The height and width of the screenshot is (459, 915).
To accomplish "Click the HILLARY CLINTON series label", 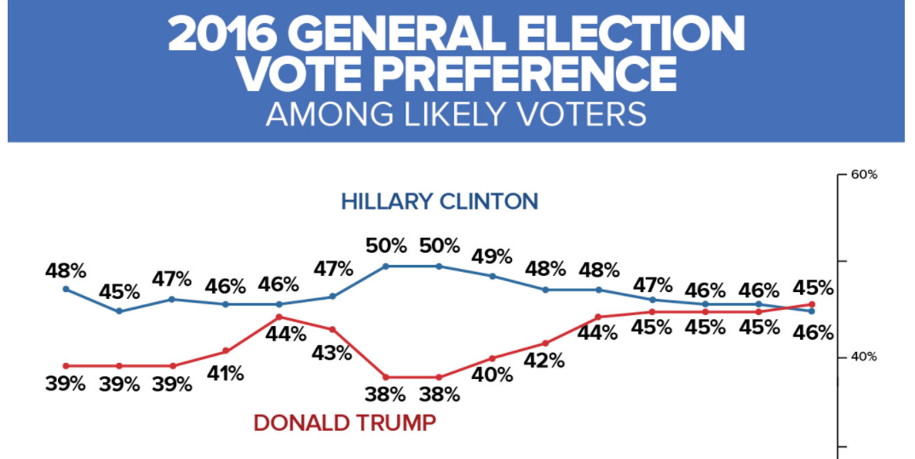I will click(x=440, y=202).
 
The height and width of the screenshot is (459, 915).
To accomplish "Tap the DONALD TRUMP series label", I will click(x=345, y=422).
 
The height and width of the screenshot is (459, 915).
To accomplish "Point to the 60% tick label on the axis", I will click(x=864, y=175).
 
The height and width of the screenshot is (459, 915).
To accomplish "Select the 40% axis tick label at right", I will click(x=864, y=358).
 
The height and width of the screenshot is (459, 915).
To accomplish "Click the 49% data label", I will click(x=492, y=256).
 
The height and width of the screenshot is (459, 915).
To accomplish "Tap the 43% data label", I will click(x=332, y=352).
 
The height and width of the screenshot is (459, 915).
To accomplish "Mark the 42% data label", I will click(x=545, y=360).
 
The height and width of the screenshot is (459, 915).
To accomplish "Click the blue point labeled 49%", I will click(x=492, y=276).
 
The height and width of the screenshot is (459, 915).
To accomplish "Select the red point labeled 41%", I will click(x=226, y=350).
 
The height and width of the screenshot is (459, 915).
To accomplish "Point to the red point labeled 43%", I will click(x=332, y=329).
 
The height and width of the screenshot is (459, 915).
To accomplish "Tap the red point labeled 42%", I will click(x=545, y=343).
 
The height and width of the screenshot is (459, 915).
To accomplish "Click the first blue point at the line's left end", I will click(x=66, y=290).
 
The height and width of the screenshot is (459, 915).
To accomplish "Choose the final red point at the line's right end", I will click(x=812, y=304).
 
